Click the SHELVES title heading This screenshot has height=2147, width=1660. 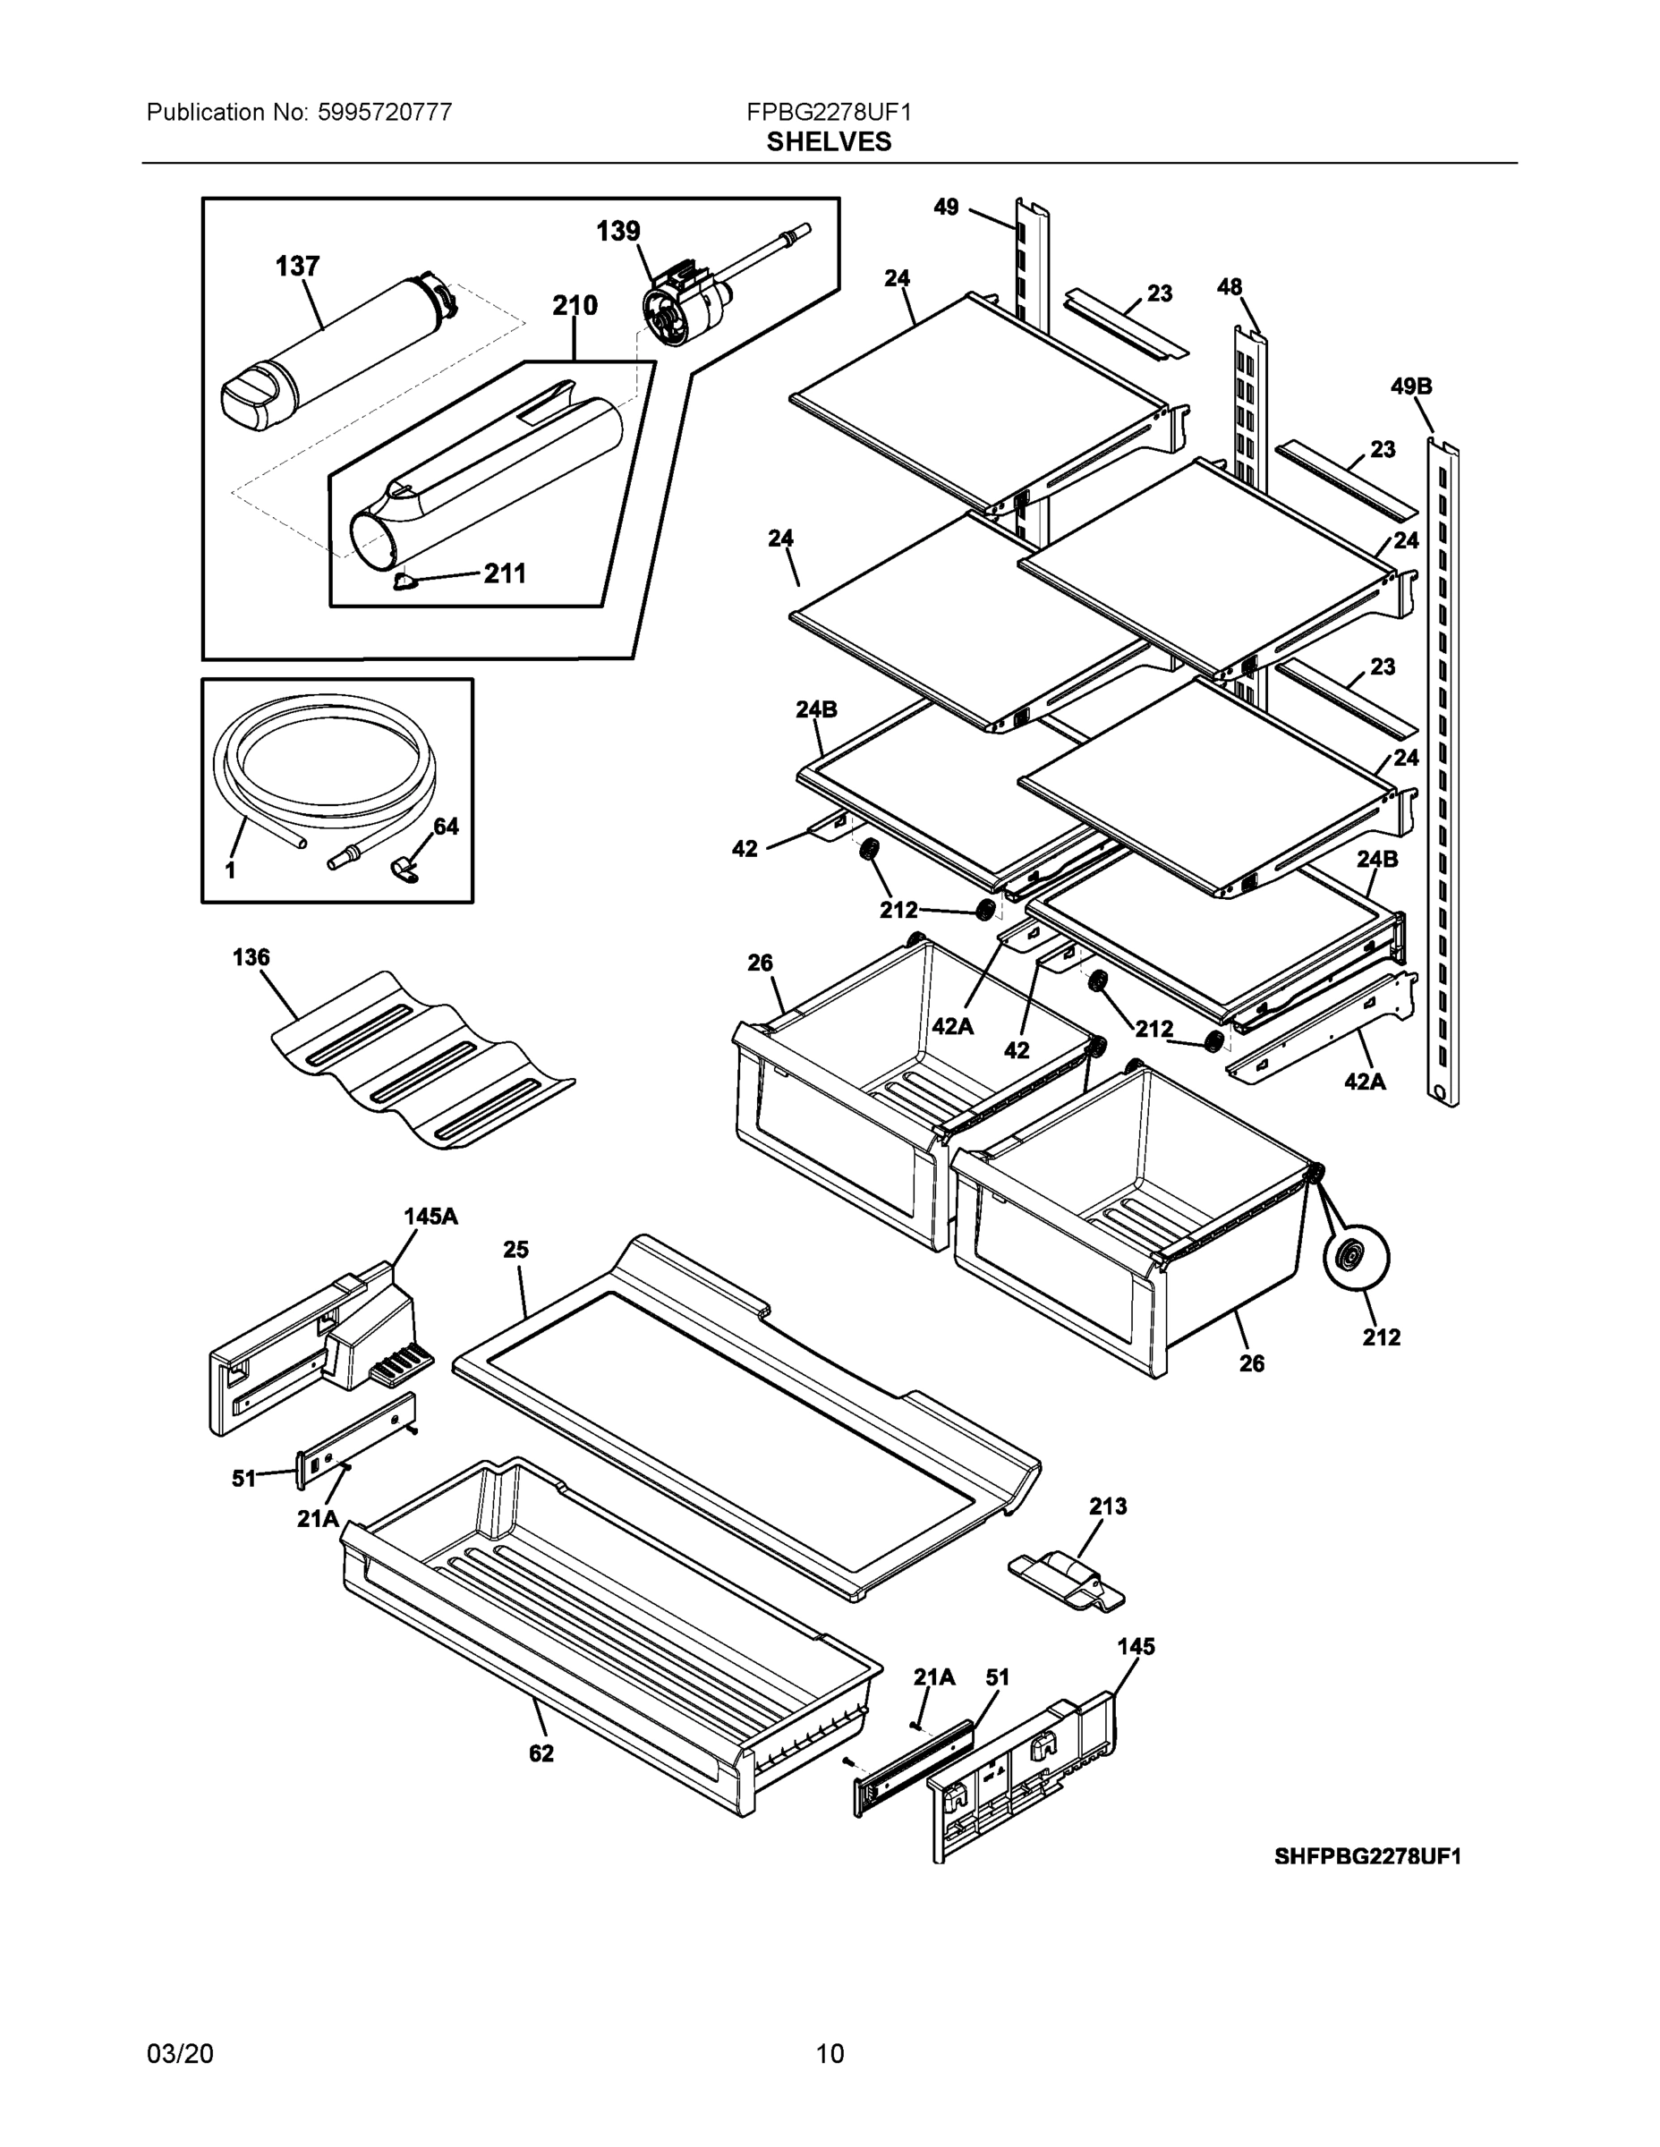pyautogui.click(x=828, y=141)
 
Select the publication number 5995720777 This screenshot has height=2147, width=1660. pyautogui.click(x=385, y=112)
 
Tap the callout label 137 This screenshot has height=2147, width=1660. pyautogui.click(x=297, y=267)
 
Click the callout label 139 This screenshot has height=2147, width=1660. pyautogui.click(x=617, y=231)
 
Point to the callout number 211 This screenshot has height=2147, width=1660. pyautogui.click(x=505, y=573)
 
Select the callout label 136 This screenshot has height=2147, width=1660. pyautogui.click(x=251, y=956)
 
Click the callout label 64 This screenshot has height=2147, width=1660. pyautogui.click(x=446, y=827)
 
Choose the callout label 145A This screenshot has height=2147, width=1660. pyautogui.click(x=430, y=1216)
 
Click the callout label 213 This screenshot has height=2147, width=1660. pyautogui.click(x=1107, y=1506)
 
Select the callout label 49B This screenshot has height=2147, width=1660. pyautogui.click(x=1410, y=386)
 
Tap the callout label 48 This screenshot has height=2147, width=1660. pyautogui.click(x=1230, y=287)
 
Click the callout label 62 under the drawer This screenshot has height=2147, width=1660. pyautogui.click(x=541, y=1753)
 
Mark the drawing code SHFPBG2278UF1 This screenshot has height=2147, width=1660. pyautogui.click(x=1367, y=1856)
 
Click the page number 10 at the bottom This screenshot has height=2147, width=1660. pyautogui.click(x=830, y=2054)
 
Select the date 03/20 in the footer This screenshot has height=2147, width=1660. pyautogui.click(x=180, y=2054)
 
